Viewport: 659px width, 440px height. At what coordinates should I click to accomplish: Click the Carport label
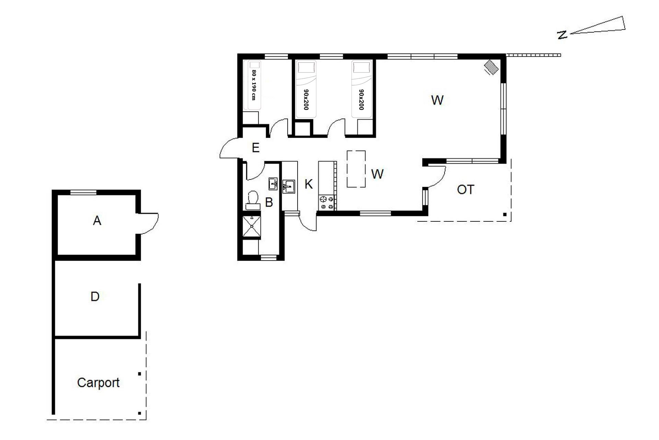tap(98, 383)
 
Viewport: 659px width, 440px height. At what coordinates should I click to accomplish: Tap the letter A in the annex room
tap(97, 221)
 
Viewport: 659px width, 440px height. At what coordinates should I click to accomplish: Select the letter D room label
tap(95, 296)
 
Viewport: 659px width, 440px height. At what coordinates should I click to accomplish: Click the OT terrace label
tap(466, 189)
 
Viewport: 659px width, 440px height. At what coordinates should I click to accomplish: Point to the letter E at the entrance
tap(255, 148)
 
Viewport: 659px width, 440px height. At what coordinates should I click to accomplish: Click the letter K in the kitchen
tap(309, 184)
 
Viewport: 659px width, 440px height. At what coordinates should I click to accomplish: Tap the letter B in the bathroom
tap(269, 202)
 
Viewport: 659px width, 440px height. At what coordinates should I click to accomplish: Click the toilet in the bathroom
tap(253, 200)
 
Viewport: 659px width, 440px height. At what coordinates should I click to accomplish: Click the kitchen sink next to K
tap(289, 187)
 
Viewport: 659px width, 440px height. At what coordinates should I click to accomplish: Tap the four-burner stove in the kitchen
tap(326, 202)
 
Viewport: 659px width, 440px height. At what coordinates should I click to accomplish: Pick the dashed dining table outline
tap(356, 169)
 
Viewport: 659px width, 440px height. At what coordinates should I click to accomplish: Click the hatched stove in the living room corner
tap(491, 67)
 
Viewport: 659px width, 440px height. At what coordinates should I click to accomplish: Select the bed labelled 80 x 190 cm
tap(252, 86)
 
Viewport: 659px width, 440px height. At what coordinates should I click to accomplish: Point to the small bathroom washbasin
tap(273, 184)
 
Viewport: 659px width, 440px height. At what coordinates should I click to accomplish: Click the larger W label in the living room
tap(437, 100)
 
